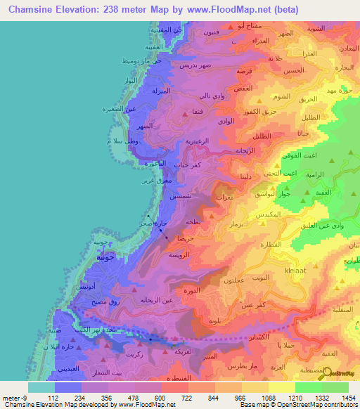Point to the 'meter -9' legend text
pyautogui.click(x=11, y=397)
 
